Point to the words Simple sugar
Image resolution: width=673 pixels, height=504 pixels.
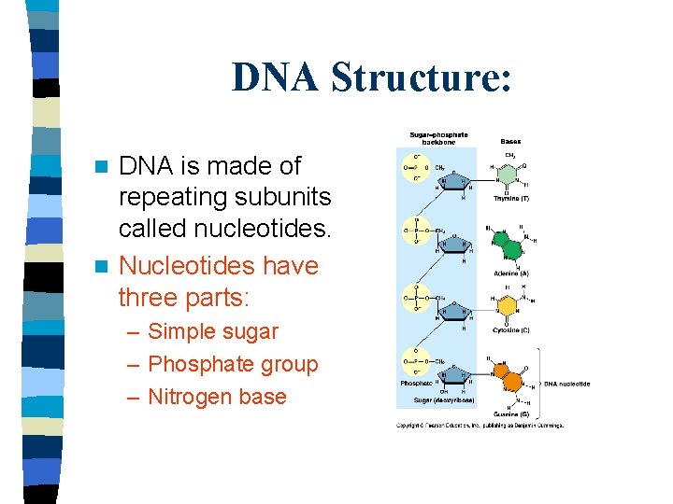point(213,331)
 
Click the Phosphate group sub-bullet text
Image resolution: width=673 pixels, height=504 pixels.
point(233,364)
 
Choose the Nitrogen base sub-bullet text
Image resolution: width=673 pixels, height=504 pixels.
point(217,397)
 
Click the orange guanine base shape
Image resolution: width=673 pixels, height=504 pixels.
point(509,376)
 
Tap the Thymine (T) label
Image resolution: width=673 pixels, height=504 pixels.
point(512,199)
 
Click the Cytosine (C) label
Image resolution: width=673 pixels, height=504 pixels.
point(512,329)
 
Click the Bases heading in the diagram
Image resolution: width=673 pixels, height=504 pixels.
point(510,141)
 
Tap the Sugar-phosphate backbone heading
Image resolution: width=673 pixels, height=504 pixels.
point(438,137)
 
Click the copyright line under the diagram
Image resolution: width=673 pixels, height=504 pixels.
point(480,426)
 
